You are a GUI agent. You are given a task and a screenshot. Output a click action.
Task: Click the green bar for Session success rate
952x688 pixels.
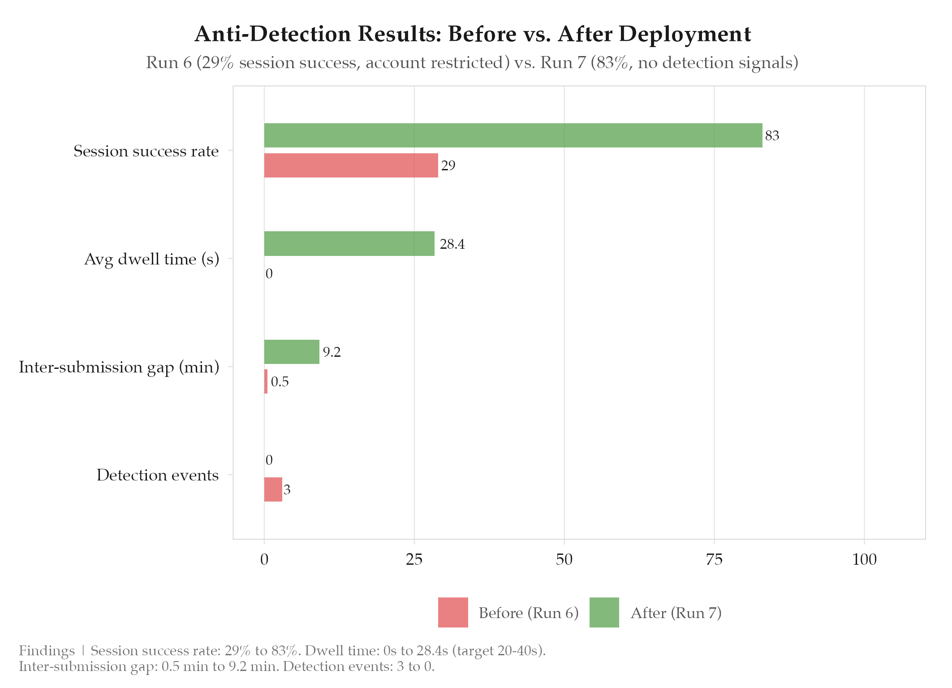coord(513,135)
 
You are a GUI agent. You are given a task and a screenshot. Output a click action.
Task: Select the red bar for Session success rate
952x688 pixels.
coord(351,165)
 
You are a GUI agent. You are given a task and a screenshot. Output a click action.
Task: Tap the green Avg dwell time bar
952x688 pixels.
coord(349,244)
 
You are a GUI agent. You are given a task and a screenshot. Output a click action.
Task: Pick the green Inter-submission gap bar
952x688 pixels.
coord(292,352)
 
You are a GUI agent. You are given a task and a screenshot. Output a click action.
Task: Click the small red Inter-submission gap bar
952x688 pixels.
coord(266,381)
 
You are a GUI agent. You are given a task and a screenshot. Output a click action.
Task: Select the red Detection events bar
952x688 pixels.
coord(273,489)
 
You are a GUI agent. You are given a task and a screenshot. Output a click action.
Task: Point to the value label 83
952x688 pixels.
coord(772,135)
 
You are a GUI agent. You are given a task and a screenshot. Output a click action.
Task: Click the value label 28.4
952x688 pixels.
coord(452,244)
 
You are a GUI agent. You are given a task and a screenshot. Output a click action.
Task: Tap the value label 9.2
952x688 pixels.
coord(332,352)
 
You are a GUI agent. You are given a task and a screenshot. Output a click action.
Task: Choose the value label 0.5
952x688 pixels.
coord(280,382)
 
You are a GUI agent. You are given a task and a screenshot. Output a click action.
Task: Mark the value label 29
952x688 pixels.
coord(448,166)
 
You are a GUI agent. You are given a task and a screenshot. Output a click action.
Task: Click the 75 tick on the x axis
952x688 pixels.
coord(714,559)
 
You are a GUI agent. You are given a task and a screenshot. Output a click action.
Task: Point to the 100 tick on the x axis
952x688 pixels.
coord(864,559)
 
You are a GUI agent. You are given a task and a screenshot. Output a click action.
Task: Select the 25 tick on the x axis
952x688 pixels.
coord(414,559)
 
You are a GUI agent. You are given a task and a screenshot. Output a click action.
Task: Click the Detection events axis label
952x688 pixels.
coord(158,475)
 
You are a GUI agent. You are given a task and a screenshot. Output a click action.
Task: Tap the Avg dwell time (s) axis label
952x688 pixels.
coord(151,259)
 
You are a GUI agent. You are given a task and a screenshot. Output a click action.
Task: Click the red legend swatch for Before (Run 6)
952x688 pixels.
coord(453,612)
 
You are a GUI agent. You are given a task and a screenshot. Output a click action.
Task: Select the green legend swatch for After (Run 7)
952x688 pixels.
coord(604,612)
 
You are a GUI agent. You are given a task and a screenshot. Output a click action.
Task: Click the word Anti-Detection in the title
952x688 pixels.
coord(273,34)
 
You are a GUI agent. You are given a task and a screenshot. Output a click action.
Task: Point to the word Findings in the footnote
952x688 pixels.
coord(47,651)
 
